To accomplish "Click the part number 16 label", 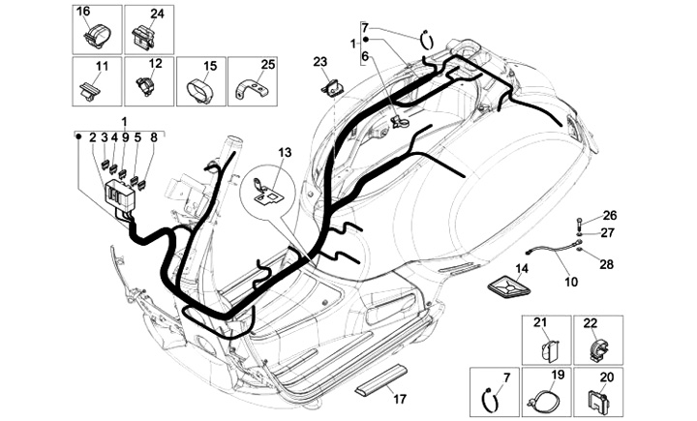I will [x=83, y=11].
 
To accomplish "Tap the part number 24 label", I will [x=157, y=13].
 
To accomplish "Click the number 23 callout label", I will [x=319, y=61].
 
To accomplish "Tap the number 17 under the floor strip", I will [x=395, y=399].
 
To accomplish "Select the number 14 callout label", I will [x=522, y=268].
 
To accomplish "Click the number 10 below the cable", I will [x=570, y=282].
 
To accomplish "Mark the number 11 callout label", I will [x=100, y=65].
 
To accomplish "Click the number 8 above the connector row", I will [x=153, y=137].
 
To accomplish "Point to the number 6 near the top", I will [x=365, y=57].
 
